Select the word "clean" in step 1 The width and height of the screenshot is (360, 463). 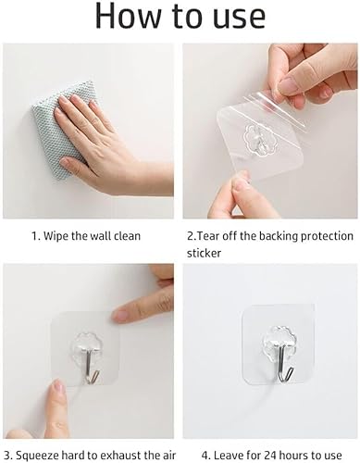(127, 236)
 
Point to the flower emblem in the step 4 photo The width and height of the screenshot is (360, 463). (269, 332)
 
